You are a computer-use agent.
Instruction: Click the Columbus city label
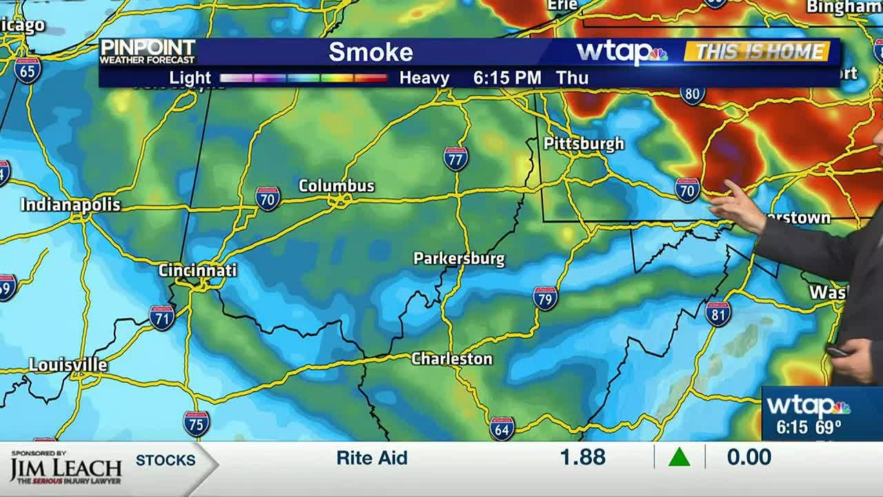[336, 186]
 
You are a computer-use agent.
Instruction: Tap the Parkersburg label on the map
[459, 259]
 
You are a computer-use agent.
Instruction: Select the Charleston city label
[452, 358]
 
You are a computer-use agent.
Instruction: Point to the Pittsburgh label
[584, 144]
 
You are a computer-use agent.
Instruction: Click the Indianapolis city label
[70, 205]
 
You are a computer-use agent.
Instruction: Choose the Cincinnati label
[197, 270]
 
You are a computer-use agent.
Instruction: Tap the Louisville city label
[68, 365]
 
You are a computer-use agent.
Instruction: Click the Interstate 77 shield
[455, 159]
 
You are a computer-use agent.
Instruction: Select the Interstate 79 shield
[545, 298]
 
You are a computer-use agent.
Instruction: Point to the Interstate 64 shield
[502, 428]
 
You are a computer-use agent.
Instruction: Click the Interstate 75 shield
[197, 424]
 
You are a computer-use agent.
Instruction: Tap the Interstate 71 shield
[161, 318]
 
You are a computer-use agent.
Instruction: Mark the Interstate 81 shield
[717, 314]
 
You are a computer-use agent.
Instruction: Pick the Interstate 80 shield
[693, 93]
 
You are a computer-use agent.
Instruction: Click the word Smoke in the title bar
[370, 52]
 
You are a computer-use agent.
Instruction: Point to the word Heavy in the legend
[424, 78]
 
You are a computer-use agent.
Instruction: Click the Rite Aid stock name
[372, 458]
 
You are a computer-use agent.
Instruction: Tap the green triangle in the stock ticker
[679, 457]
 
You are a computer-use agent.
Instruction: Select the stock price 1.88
[583, 457]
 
